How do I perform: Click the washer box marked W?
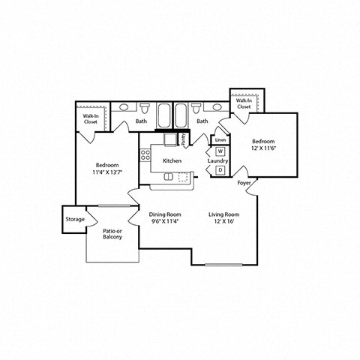tap(220, 152)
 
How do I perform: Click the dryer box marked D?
tap(220, 170)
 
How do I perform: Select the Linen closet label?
tap(220, 140)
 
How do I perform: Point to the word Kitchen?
tap(172, 160)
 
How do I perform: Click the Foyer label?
tap(244, 182)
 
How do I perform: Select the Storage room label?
tap(74, 220)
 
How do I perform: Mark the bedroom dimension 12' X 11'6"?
tap(263, 148)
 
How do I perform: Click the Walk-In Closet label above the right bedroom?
tap(244, 103)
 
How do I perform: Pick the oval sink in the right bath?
tap(196, 107)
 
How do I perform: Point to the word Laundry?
tap(217, 160)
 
